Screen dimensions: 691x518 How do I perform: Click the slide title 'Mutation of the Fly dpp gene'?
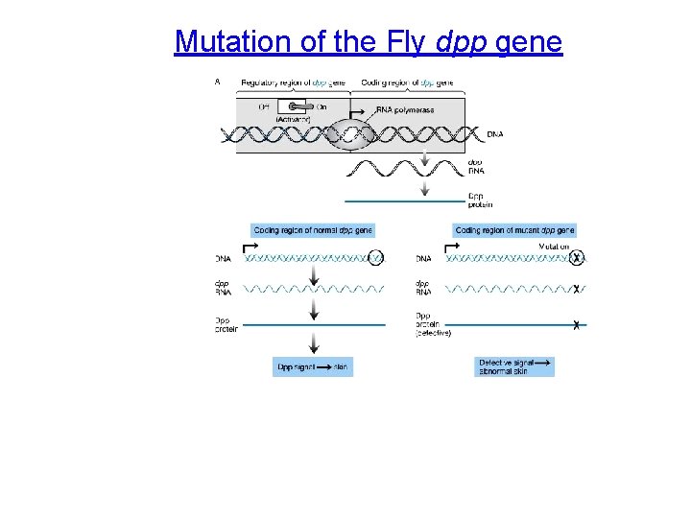(368, 42)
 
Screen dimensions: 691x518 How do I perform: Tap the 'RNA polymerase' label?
(404, 110)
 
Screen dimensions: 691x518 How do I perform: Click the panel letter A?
(218, 82)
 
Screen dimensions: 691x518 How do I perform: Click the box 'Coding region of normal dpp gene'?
(313, 230)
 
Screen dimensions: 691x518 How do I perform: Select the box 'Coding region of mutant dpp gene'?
(514, 230)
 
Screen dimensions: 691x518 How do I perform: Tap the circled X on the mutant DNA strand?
(576, 258)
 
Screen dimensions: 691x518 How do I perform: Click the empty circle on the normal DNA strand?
(376, 257)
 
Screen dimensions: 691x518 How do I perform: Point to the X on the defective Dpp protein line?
(576, 326)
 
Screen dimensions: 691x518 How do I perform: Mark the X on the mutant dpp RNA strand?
(576, 289)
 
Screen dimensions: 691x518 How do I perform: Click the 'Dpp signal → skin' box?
(313, 366)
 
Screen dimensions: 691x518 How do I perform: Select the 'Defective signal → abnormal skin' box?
(515, 366)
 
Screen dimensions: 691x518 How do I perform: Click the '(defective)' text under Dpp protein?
(434, 333)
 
